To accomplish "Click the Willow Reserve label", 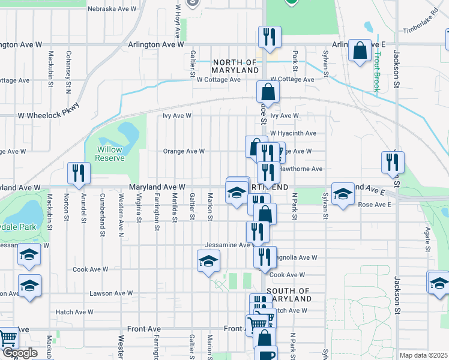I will click(109, 154).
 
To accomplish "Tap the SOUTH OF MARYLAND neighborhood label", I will click(287, 295).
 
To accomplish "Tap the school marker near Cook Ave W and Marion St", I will click(209, 261).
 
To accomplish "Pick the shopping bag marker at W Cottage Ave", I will click(268, 92).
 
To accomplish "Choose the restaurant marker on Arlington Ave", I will click(268, 37).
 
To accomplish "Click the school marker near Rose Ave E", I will click(343, 194).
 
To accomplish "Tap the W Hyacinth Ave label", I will click(293, 133).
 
